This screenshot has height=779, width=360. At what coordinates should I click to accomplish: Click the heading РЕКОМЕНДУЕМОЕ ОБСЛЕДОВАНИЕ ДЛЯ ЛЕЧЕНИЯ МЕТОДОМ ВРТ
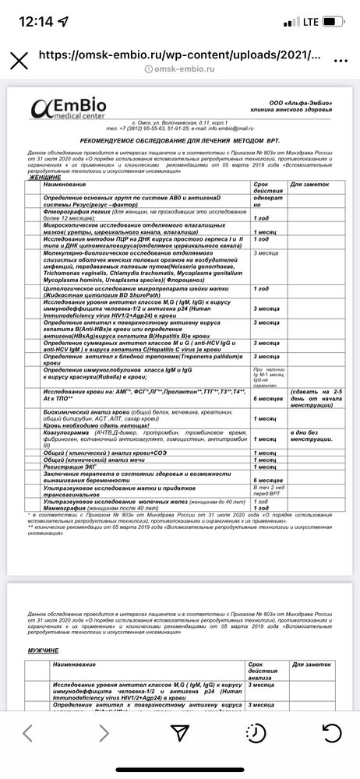click(x=182, y=138)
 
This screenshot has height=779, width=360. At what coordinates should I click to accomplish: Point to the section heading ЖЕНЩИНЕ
click(x=45, y=177)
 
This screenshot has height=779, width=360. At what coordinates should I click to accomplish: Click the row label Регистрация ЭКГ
click(x=77, y=466)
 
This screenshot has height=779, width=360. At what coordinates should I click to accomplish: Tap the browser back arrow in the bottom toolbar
click(x=28, y=731)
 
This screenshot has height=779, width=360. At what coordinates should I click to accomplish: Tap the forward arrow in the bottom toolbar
click(x=103, y=731)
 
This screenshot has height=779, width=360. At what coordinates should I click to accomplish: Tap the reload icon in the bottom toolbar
click(x=331, y=731)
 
